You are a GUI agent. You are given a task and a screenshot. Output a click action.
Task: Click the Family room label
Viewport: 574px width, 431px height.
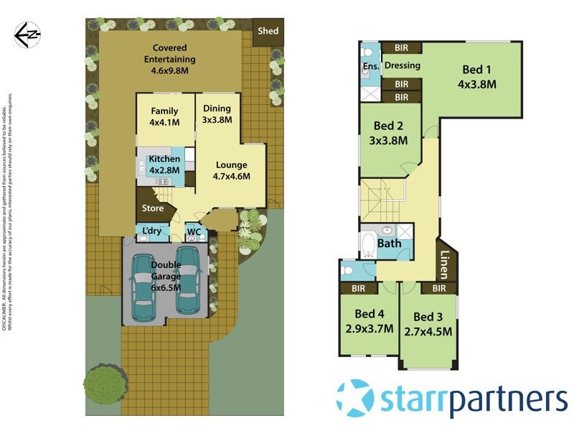tap(164, 116)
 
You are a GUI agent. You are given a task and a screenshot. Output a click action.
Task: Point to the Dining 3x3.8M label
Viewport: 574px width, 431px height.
tap(217, 114)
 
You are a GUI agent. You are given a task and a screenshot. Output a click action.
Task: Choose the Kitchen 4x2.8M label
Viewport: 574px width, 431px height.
tap(164, 163)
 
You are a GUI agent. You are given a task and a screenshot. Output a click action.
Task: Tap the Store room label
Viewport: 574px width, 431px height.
tap(153, 208)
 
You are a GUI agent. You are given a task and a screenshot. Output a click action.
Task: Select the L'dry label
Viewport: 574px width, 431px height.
tap(152, 232)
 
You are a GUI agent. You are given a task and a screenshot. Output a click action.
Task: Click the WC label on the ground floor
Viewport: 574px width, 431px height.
tap(193, 232)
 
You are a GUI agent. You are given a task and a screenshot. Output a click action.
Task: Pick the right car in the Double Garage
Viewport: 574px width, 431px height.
tap(189, 280)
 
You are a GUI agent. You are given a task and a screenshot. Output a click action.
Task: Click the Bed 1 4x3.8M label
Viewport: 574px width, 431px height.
tap(477, 77)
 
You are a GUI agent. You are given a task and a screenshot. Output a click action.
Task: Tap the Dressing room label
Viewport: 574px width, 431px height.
tap(402, 65)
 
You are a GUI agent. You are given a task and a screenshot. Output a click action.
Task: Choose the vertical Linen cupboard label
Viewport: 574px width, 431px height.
tap(446, 263)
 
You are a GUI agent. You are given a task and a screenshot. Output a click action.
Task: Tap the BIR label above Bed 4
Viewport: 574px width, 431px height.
tap(359, 288)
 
